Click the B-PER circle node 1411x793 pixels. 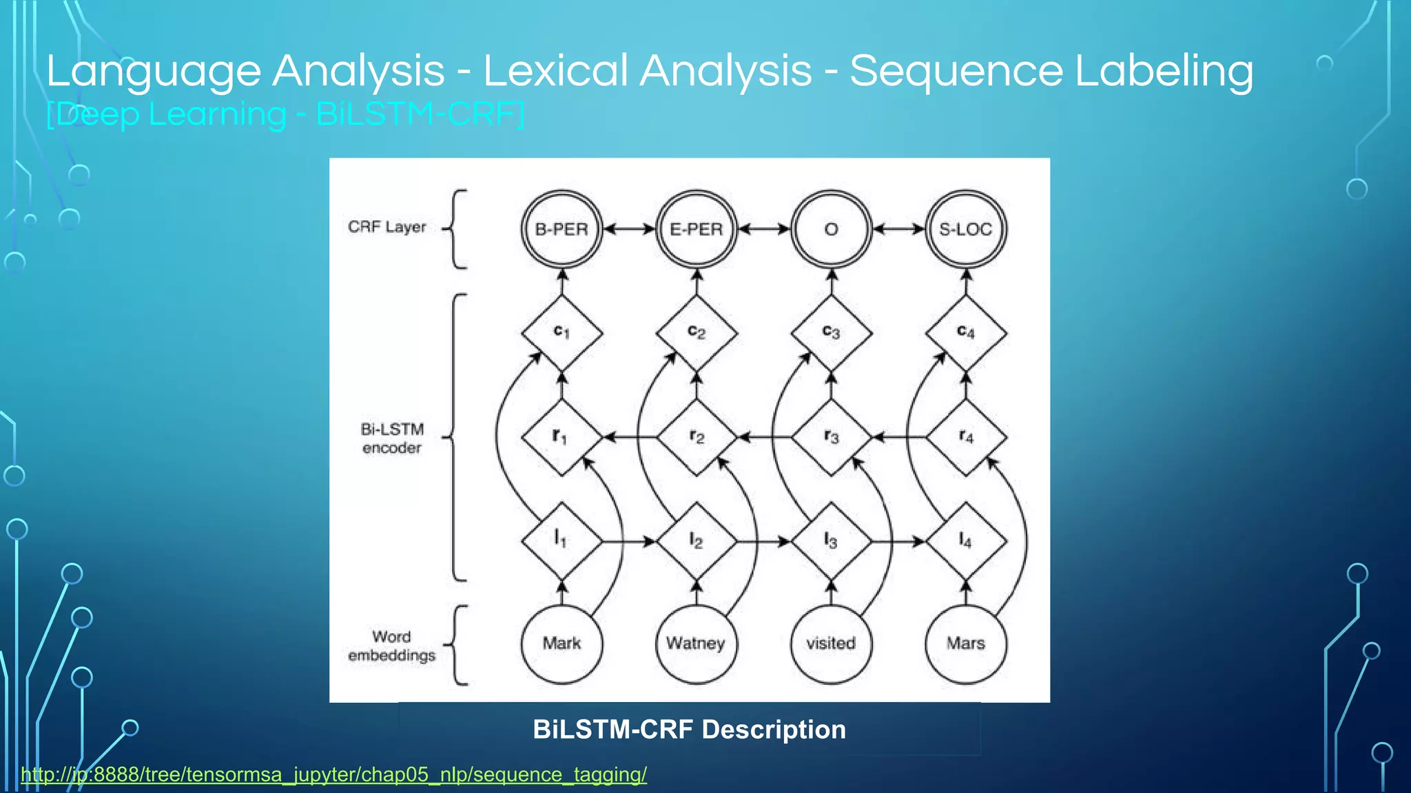(562, 229)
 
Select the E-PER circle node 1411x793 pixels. (696, 229)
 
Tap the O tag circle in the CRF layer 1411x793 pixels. (831, 229)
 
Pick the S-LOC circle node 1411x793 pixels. (965, 229)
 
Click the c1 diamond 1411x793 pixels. (562, 333)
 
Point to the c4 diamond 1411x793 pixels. (965, 333)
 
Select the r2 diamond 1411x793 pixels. (696, 437)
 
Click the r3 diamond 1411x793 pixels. (831, 437)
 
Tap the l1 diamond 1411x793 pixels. (562, 541)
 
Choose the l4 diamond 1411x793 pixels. (965, 541)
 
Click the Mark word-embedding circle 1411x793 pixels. (562, 644)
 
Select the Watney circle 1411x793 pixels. (696, 644)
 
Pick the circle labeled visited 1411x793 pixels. (831, 644)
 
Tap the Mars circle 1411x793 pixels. (965, 644)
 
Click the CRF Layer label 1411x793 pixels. (387, 227)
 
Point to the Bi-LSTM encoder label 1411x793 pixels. (392, 438)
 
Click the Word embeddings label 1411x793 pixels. (391, 646)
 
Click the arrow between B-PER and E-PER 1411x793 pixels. (629, 229)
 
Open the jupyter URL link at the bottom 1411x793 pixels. (333, 775)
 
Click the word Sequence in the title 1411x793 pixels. (956, 71)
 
